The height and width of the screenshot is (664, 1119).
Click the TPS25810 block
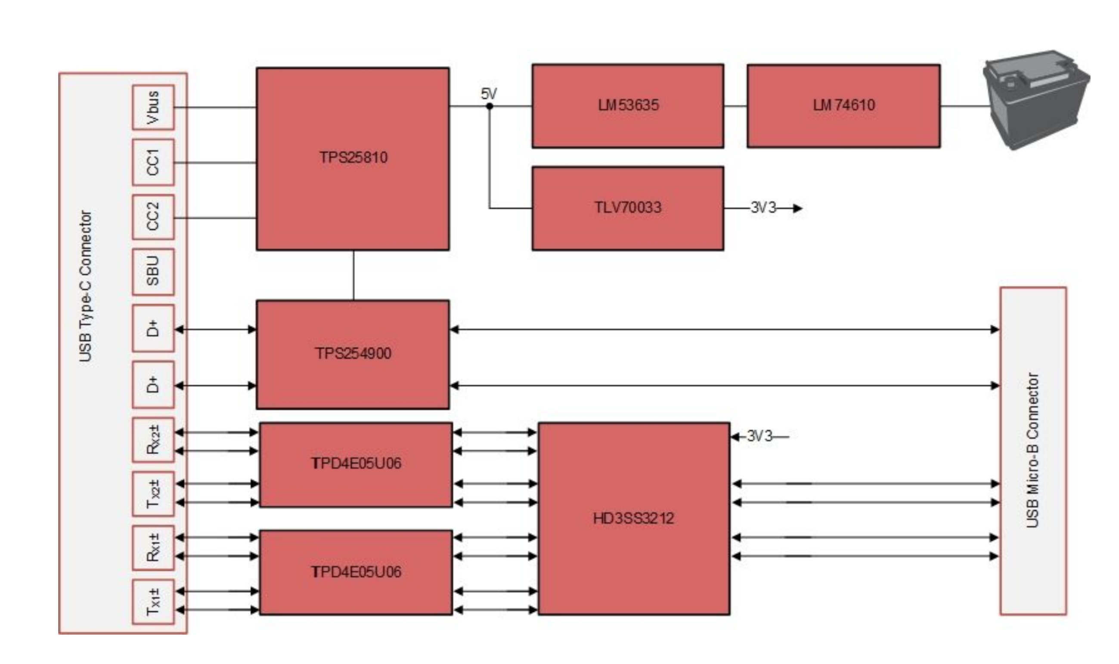coord(353,158)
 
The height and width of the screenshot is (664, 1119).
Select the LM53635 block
coord(628,105)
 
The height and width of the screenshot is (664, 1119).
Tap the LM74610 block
coord(843,105)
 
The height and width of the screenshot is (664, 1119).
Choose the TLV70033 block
coord(628,207)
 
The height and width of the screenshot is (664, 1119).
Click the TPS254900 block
coord(353,354)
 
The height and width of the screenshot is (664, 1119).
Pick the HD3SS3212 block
coord(634,518)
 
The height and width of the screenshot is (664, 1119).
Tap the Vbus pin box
coord(153,108)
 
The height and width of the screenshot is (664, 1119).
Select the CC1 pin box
coord(153,162)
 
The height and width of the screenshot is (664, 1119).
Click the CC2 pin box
coord(153,216)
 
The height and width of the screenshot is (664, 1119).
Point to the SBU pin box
coord(153,272)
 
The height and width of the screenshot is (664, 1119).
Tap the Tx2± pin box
coord(153,494)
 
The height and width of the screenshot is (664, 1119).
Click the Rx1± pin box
coord(153,548)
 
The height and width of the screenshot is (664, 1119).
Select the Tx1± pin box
coord(153,602)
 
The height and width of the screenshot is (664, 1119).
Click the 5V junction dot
coord(490,106)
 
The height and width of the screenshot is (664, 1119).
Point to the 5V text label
coord(488,94)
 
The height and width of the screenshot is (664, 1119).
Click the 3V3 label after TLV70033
coord(763,207)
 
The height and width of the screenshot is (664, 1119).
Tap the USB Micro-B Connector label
coord(1032,451)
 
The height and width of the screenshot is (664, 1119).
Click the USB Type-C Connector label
coord(86,286)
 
